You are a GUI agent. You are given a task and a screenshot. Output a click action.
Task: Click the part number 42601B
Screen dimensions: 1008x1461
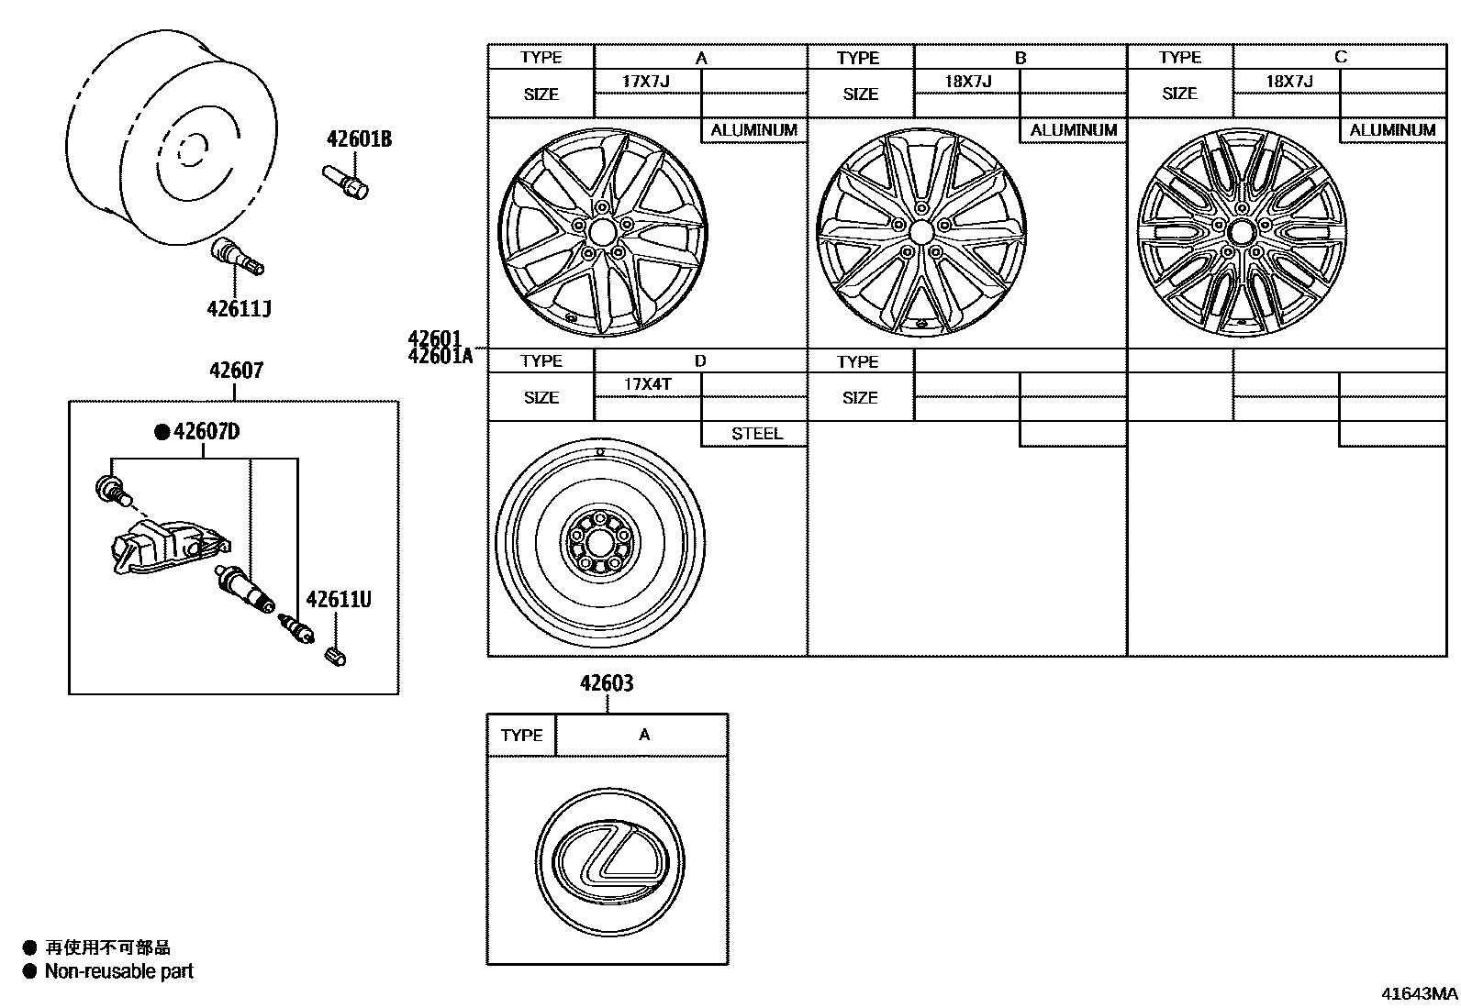(359, 138)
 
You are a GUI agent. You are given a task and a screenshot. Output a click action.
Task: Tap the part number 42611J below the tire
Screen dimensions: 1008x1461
(239, 308)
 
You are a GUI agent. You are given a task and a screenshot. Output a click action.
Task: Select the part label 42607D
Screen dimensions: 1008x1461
(206, 431)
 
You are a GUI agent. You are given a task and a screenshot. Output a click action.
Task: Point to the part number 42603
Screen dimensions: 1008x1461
(607, 683)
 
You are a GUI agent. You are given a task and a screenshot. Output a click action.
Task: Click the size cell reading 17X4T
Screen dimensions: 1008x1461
(647, 384)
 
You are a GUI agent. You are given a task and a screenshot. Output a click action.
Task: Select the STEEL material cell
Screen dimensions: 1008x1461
(756, 434)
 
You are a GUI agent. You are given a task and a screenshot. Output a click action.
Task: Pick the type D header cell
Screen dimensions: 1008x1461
(700, 361)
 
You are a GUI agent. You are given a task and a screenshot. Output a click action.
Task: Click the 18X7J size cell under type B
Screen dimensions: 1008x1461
(968, 81)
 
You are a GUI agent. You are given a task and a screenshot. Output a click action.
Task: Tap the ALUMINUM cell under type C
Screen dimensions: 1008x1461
(1392, 130)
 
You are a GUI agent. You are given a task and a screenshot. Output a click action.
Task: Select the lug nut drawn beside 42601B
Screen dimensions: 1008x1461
(345, 181)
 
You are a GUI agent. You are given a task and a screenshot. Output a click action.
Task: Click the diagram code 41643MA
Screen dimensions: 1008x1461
(1419, 993)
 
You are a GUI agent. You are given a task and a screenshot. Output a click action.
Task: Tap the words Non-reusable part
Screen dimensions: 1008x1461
(119, 971)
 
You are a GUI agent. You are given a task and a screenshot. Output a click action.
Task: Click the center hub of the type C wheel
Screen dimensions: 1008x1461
(1241, 230)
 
